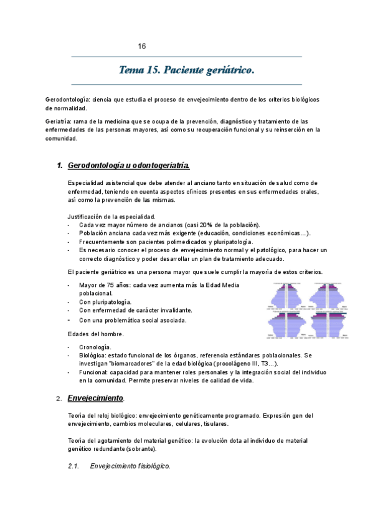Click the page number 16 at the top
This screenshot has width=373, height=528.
[142, 47]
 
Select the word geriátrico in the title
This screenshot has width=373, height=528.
[231, 70]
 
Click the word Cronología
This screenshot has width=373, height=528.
[96, 346]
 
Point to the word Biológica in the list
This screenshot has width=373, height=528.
[93, 355]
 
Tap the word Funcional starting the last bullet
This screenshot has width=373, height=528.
[94, 372]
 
